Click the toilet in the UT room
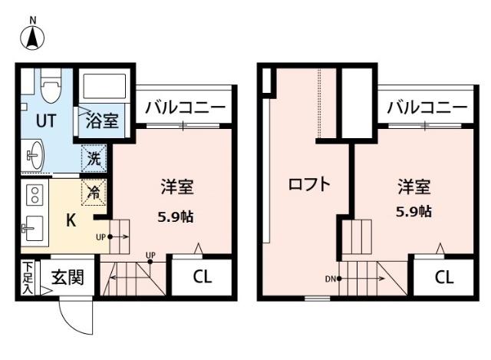click(51, 86)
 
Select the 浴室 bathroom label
click(102, 121)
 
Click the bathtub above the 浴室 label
click(106, 88)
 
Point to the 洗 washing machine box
click(94, 160)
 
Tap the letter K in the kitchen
click(70, 221)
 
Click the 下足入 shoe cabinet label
click(27, 278)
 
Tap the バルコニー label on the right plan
click(426, 107)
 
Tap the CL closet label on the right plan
click(443, 277)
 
